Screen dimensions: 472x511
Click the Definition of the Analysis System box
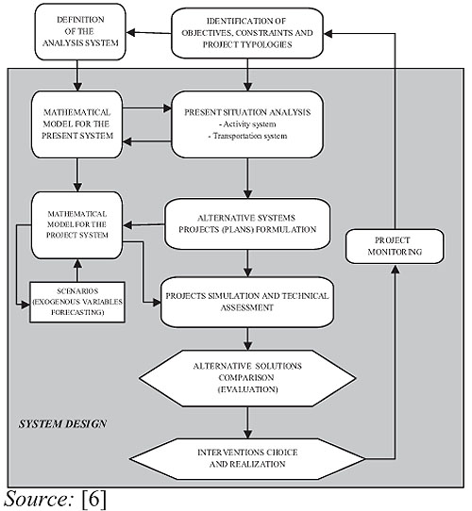pos(80,32)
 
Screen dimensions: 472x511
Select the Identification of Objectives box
pos(247,33)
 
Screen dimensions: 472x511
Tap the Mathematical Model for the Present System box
pos(77,124)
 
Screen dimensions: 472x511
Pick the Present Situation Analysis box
pos(247,124)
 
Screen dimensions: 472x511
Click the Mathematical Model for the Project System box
pos(77,225)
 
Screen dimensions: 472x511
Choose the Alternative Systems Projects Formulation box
pos(247,223)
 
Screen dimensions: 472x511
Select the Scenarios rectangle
pos(77,302)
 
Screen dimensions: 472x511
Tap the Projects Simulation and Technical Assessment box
pos(247,302)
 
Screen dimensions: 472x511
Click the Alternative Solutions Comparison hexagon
pos(247,378)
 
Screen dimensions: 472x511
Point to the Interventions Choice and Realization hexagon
pos(247,459)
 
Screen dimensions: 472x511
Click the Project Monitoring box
pos(395,246)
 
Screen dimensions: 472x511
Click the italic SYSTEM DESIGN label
pos(62,424)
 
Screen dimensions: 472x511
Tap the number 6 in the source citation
pos(94,499)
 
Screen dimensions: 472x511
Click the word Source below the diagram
pos(36,499)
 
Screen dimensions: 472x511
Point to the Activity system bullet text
pos(247,124)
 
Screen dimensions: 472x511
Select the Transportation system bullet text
pos(247,136)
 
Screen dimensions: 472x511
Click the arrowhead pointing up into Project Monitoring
pos(396,270)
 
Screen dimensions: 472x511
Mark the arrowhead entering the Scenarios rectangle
pos(25,305)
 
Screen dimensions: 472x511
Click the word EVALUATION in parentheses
pos(247,389)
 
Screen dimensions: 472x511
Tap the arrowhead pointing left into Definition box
pos(131,32)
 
